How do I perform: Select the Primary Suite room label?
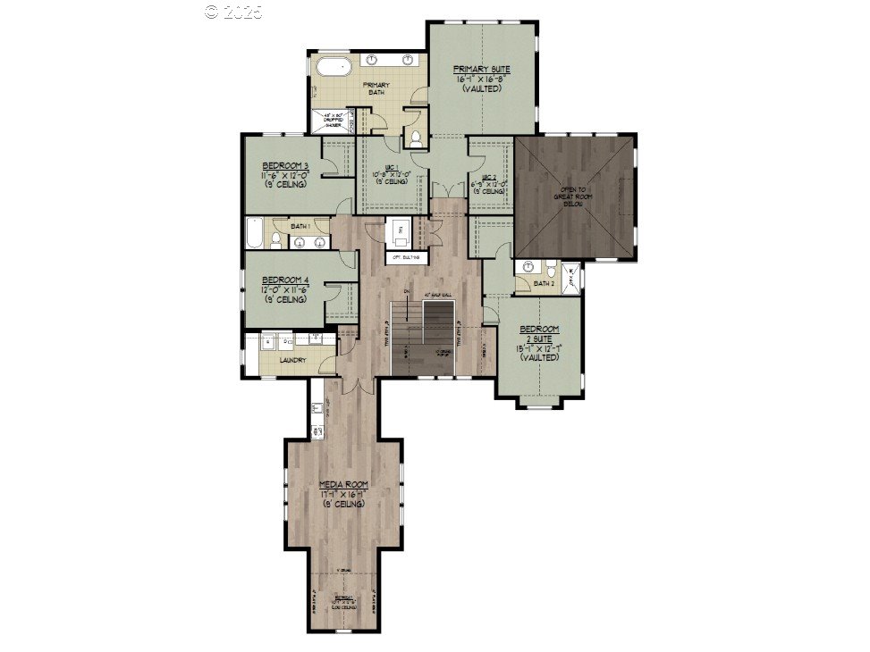(479, 69)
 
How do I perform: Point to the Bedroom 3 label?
(285, 166)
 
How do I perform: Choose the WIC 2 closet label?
(488, 177)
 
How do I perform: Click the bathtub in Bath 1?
(255, 234)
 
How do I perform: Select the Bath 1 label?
(300, 227)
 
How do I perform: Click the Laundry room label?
(292, 360)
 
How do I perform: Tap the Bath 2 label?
(544, 284)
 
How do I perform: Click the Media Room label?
(344, 485)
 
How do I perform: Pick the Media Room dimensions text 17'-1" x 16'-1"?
(344, 494)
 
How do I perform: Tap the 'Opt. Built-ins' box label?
(404, 257)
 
